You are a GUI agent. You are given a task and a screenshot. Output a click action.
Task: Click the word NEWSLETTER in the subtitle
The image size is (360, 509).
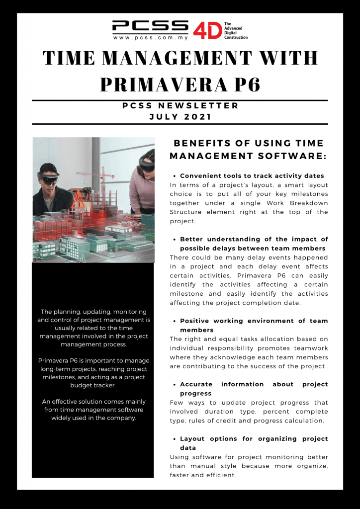coord(203,105)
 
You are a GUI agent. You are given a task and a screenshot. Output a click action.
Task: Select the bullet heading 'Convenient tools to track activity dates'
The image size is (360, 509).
coord(252,176)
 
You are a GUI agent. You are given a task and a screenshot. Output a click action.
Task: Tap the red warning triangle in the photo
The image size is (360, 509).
coord(79,200)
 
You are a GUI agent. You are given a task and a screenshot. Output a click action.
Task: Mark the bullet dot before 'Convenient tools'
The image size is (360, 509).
coord(175,176)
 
